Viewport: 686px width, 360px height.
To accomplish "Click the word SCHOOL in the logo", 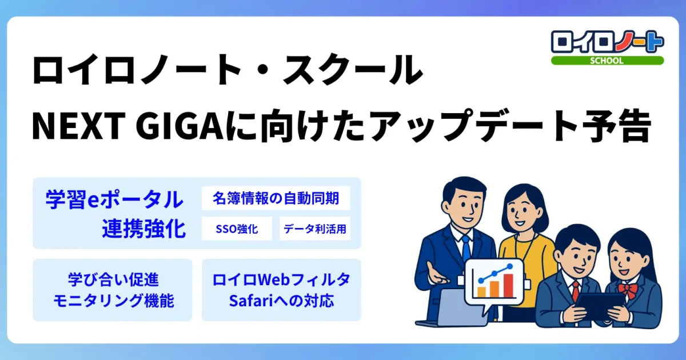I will pos(607,60).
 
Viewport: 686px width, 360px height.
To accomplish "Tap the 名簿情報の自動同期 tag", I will pos(276,199).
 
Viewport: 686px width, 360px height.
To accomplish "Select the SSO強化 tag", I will pos(237,229).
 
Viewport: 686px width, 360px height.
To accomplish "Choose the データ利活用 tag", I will pos(314,229).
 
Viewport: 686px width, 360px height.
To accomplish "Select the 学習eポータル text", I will pos(114,200).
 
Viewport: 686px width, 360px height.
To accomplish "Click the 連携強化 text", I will pos(143,229).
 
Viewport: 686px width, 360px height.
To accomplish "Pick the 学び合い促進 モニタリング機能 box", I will pos(113,290).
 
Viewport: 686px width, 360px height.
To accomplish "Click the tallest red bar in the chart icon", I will pos(508,285).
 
